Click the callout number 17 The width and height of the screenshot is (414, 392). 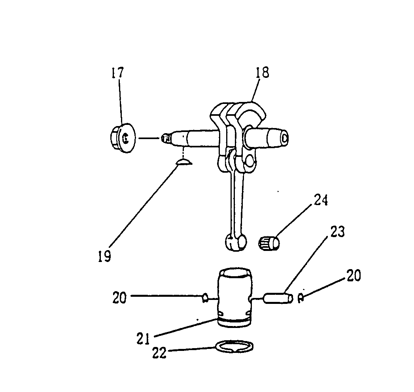click(x=117, y=73)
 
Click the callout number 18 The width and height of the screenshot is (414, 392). click(x=262, y=72)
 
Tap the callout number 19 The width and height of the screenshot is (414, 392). click(x=105, y=256)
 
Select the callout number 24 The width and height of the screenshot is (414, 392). click(x=321, y=200)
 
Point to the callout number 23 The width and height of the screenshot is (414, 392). click(x=337, y=232)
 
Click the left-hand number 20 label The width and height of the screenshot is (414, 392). click(x=119, y=297)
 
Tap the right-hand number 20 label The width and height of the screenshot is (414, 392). click(x=354, y=275)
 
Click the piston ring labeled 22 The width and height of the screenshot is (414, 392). click(x=234, y=347)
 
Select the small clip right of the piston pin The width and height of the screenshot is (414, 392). click(x=301, y=298)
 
